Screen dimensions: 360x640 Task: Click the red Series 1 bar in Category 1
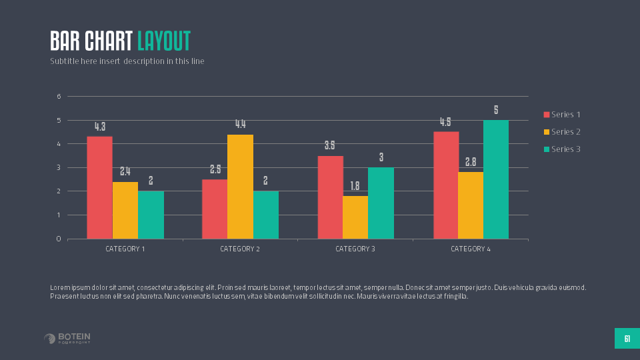click(x=99, y=187)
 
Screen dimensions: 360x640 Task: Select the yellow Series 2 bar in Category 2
click(x=240, y=187)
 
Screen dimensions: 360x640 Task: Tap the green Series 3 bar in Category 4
click(x=496, y=179)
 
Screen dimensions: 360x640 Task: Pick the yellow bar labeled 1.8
click(x=355, y=217)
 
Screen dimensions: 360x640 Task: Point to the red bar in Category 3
click(x=330, y=197)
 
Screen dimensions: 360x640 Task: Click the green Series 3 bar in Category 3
click(x=381, y=203)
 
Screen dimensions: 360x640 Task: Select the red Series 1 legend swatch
click(x=547, y=115)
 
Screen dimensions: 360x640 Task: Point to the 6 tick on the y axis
click(x=59, y=97)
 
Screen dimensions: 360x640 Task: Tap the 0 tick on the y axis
click(x=59, y=239)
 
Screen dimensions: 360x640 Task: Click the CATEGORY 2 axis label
click(x=240, y=249)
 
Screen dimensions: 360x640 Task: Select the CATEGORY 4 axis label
click(x=471, y=249)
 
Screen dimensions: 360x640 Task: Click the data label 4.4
click(x=240, y=124)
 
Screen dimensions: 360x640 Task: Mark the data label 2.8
click(x=471, y=162)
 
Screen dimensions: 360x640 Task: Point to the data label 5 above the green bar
click(x=496, y=110)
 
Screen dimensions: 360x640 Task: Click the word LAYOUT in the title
click(x=164, y=41)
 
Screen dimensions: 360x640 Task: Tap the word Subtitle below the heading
click(x=64, y=61)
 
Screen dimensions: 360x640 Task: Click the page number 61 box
click(x=627, y=339)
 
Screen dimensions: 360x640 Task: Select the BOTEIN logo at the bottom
click(x=67, y=339)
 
